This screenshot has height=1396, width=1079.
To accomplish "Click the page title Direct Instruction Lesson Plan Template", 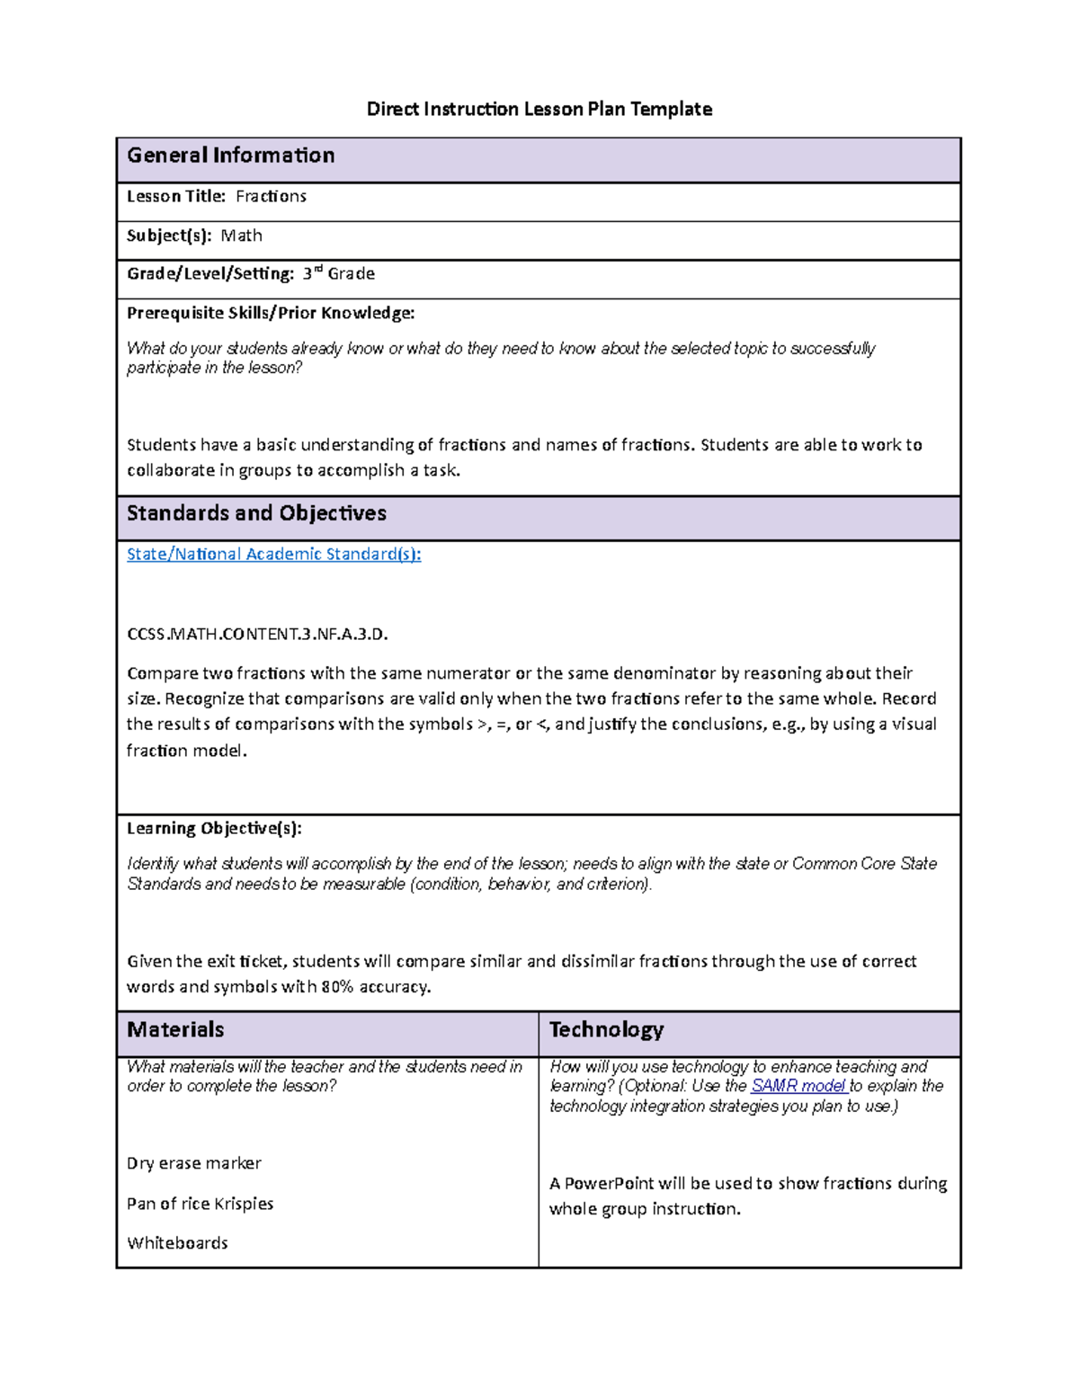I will click(x=539, y=110).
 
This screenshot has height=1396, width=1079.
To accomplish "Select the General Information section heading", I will click(x=230, y=156).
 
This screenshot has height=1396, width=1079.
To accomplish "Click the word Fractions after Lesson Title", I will click(x=271, y=196).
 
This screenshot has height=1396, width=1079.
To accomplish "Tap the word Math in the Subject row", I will click(x=242, y=236).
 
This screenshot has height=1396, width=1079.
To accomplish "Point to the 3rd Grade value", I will click(x=339, y=273).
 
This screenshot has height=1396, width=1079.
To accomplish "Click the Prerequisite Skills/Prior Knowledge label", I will click(x=271, y=313).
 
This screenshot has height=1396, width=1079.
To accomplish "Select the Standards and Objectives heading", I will click(x=256, y=513).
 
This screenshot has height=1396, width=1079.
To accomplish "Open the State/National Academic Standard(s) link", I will click(x=273, y=554).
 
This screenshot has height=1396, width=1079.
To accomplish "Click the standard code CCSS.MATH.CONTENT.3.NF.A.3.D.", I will click(x=257, y=634).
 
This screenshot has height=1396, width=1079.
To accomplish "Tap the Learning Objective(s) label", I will click(x=214, y=828).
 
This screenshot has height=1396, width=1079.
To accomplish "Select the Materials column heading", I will click(x=175, y=1029).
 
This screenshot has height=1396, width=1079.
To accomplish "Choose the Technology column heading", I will click(x=606, y=1029).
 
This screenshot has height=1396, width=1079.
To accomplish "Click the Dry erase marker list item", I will click(x=194, y=1163).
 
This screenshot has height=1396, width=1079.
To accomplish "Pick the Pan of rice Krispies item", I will click(x=200, y=1204).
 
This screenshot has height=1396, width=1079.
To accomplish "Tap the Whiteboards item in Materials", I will click(x=177, y=1243).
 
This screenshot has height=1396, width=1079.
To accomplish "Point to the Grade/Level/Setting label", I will click(x=210, y=273).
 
